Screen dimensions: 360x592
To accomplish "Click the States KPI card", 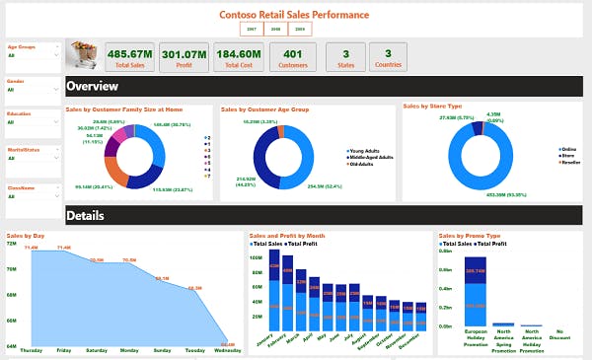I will coord(345,57).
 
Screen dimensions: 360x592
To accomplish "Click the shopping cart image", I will coord(81,55).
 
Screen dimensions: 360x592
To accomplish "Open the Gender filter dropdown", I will coord(32,89).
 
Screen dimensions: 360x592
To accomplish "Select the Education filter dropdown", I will coord(32,122).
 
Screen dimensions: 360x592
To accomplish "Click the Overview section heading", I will coord(92,86).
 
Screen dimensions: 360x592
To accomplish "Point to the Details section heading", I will coord(85,215).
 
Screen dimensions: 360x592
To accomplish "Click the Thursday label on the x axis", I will coord(31,350).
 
